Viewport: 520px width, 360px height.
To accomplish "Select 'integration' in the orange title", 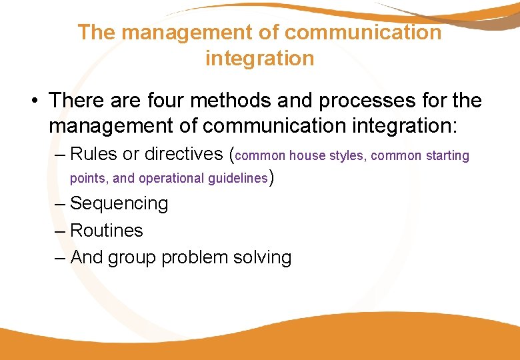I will [259, 59].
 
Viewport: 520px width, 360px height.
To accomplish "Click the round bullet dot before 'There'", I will [33, 101].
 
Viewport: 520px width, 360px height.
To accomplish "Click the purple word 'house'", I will [307, 156].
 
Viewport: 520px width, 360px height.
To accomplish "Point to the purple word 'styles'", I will [347, 156].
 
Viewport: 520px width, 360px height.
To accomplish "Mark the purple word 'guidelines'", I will [239, 179].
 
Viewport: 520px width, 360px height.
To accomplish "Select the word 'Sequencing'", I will [119, 204].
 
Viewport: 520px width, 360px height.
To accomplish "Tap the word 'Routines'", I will [106, 231].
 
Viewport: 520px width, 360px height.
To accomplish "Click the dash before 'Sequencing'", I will [61, 204].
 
